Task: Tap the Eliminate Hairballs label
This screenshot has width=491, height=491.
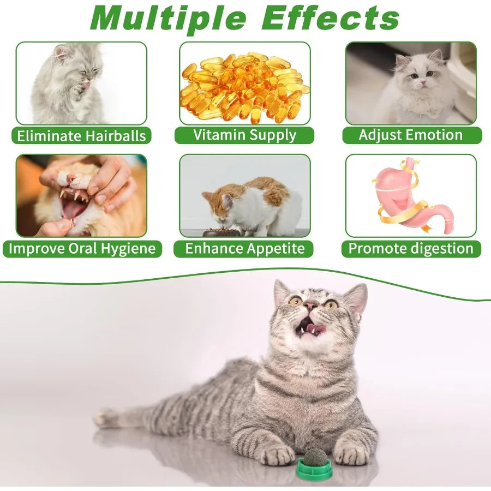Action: pyautogui.click(x=81, y=136)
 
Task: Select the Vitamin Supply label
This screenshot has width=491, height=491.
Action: pyautogui.click(x=244, y=135)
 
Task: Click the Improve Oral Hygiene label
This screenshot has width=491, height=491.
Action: pyautogui.click(x=82, y=249)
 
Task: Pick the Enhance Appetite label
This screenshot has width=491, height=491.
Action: pyautogui.click(x=244, y=249)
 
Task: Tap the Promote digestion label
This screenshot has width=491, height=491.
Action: pyautogui.click(x=411, y=249)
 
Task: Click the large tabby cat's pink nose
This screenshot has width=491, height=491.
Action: pyautogui.click(x=310, y=307)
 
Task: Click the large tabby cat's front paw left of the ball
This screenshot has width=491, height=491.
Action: pyautogui.click(x=278, y=454)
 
